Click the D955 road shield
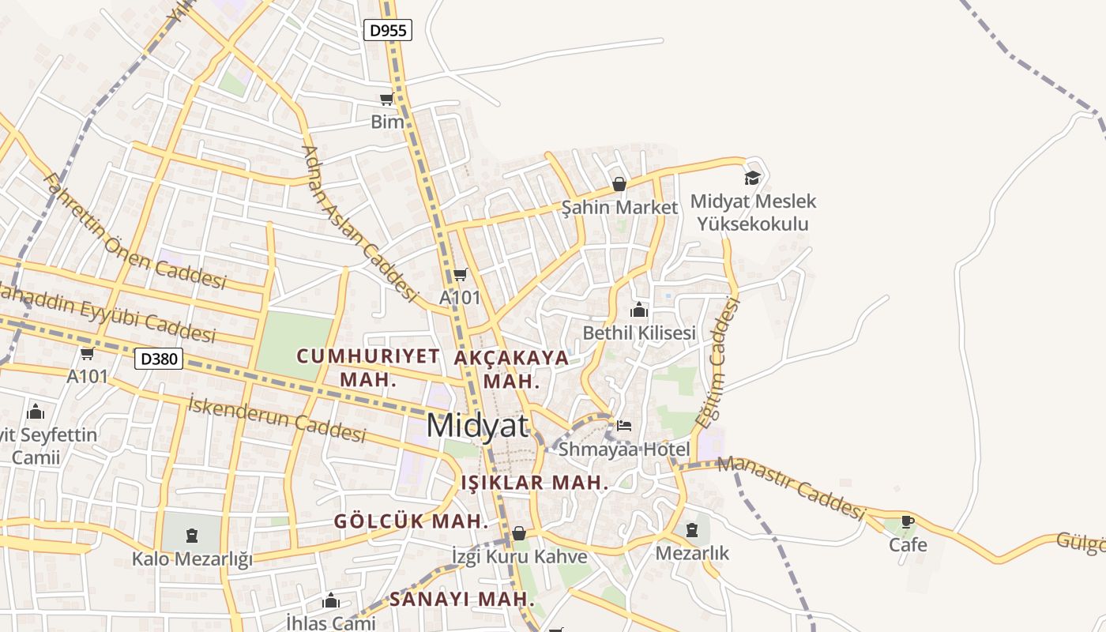(x=388, y=31)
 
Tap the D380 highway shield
(x=159, y=359)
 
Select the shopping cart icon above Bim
(x=386, y=100)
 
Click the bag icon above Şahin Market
(x=619, y=184)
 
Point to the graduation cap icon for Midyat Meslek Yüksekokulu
(x=752, y=178)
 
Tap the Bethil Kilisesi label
(x=639, y=333)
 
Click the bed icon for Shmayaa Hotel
(x=624, y=425)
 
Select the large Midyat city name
(x=477, y=426)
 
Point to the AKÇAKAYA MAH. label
(x=512, y=369)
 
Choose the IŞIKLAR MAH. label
(x=535, y=483)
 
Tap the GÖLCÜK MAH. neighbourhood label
(x=411, y=521)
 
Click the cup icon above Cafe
(x=907, y=521)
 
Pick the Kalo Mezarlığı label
(x=192, y=559)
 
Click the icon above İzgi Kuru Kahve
(x=519, y=534)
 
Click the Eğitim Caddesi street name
(x=717, y=363)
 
